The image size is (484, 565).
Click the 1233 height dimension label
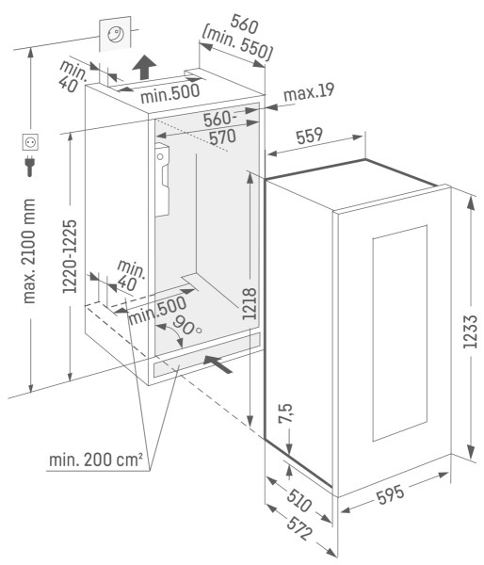coord(470,331)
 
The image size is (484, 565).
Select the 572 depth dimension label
coord(299,529)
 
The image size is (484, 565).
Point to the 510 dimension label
coord(299,500)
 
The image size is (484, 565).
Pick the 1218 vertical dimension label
coord(249,303)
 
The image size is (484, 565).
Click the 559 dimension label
coord(309,136)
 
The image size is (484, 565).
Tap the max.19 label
coord(309,92)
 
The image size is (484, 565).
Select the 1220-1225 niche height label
coord(70,256)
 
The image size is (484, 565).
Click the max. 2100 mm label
coord(29,250)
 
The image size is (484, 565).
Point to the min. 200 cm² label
coord(96,460)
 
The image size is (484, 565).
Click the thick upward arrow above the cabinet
coord(144,68)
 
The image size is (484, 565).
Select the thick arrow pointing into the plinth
coord(218,363)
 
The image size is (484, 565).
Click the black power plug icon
coord(30,166)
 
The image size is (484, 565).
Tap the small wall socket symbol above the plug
coord(30,142)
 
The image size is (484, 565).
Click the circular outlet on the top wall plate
coord(116,35)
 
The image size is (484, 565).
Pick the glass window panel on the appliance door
coord(400,333)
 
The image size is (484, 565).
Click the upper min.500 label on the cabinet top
coord(169,93)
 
